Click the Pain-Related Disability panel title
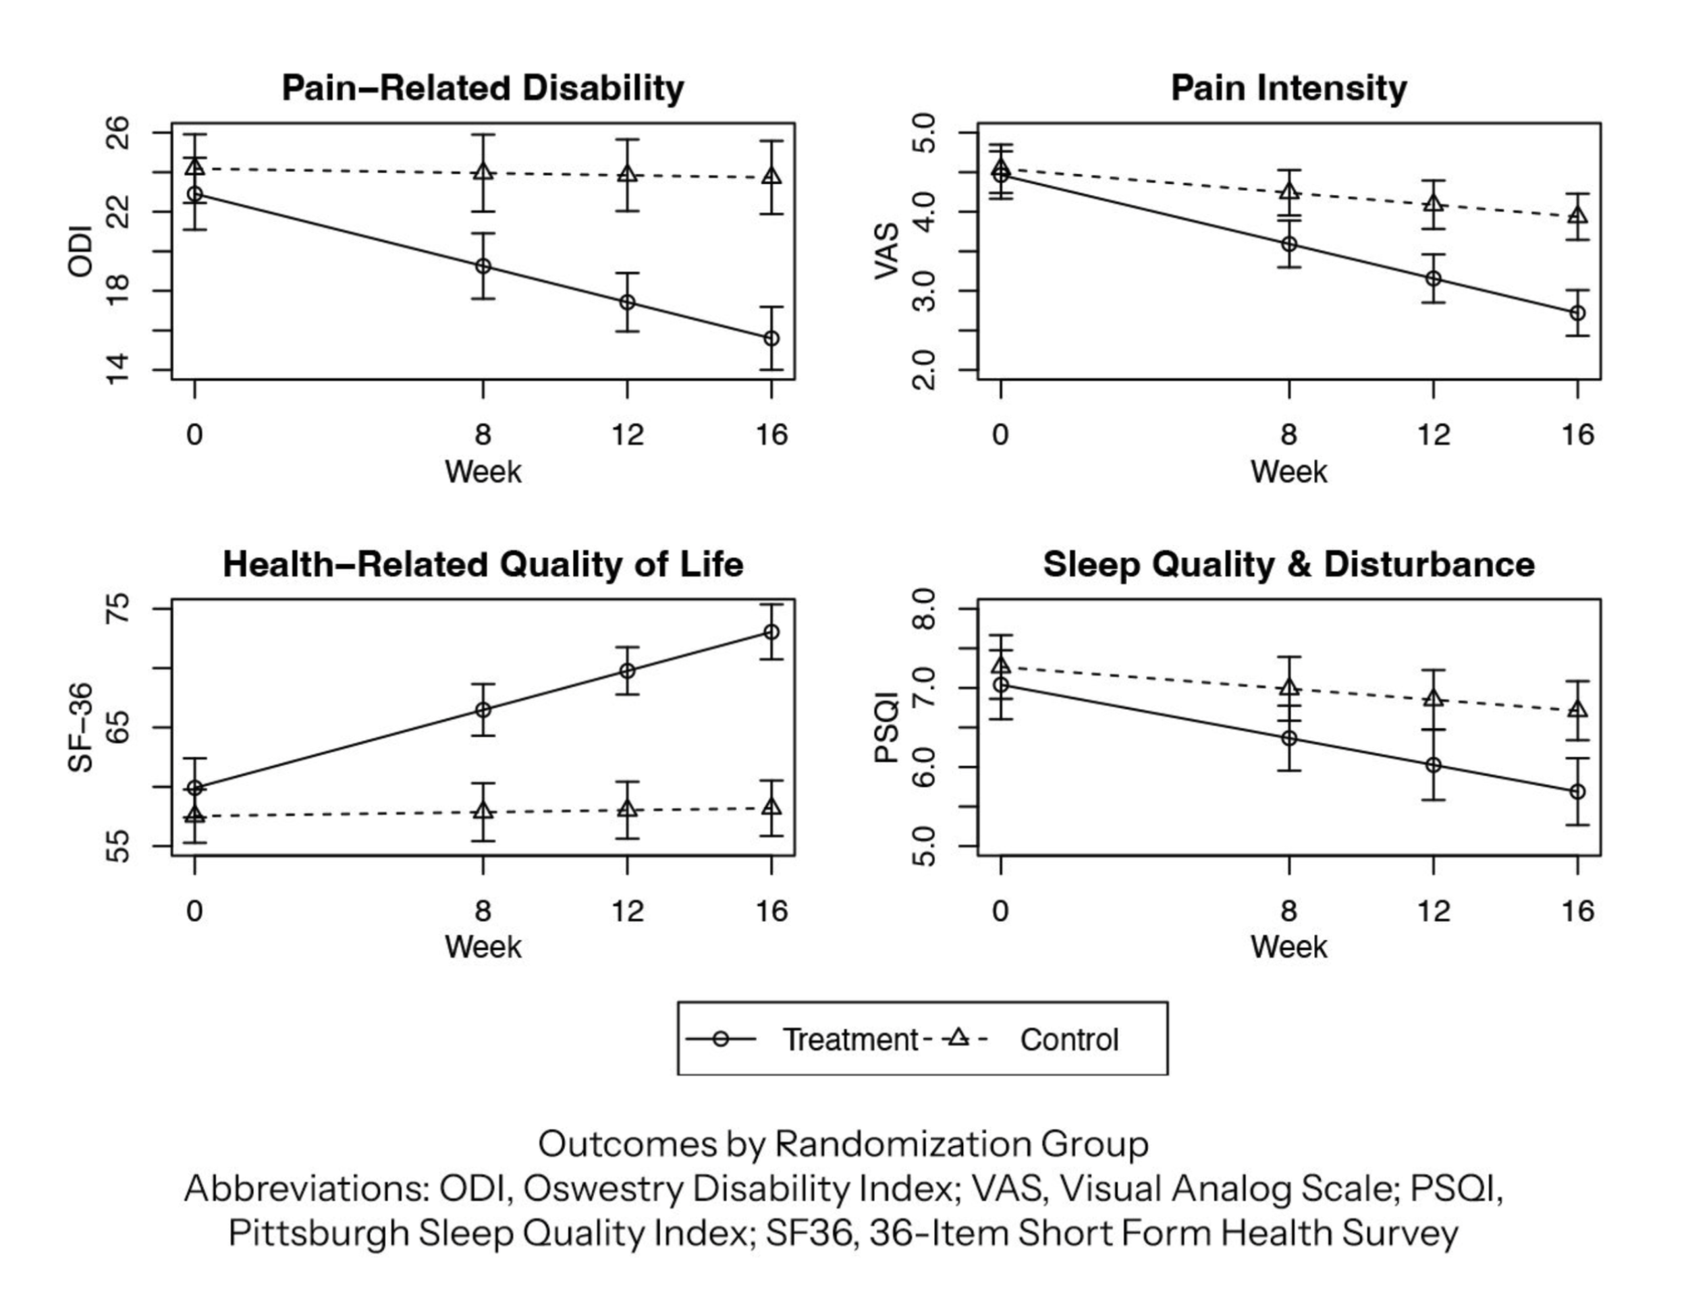483,88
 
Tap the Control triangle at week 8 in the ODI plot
483,171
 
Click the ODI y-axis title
80,251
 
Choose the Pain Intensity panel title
1288,88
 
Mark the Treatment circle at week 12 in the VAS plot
1434,278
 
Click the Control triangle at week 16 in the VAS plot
1578,215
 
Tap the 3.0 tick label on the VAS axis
923,291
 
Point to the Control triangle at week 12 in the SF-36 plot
628,809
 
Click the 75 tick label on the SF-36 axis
117,609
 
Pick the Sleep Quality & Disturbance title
1288,564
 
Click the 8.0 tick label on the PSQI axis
923,609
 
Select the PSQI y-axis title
886,727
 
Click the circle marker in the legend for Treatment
720,1040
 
